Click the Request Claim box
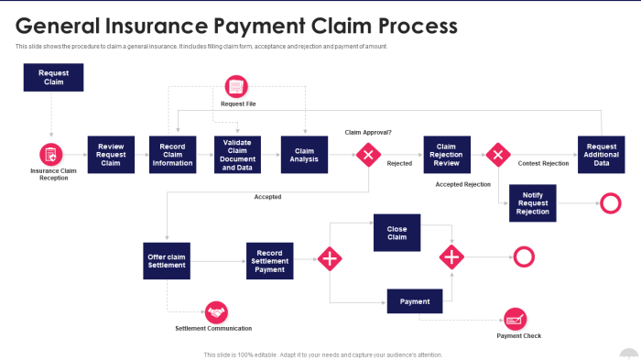(x=53, y=77)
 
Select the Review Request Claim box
(x=111, y=155)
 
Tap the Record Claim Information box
(x=173, y=155)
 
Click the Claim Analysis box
(x=304, y=155)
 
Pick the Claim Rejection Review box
(x=447, y=155)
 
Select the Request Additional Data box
(x=601, y=155)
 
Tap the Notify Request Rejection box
(x=533, y=202)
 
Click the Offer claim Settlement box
(x=167, y=261)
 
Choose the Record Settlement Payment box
(x=269, y=261)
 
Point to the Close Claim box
(x=397, y=233)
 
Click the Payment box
(x=415, y=300)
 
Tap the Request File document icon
(x=237, y=88)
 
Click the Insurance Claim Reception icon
(x=51, y=155)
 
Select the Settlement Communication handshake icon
(x=215, y=312)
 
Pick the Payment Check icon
(x=516, y=320)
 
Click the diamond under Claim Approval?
(x=368, y=155)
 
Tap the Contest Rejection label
(x=543, y=164)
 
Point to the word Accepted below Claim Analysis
(x=267, y=197)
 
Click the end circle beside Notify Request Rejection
(x=609, y=203)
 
